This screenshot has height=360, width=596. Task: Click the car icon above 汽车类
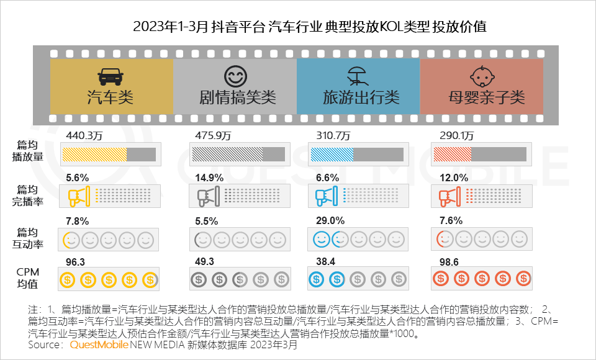[111, 77]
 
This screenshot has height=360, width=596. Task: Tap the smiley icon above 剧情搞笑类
[235, 77]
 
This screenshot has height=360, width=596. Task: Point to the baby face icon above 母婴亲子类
[481, 77]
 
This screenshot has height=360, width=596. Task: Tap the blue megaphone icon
[325, 197]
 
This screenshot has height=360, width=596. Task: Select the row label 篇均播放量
[30, 151]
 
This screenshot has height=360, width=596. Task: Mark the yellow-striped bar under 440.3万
[94, 155]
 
